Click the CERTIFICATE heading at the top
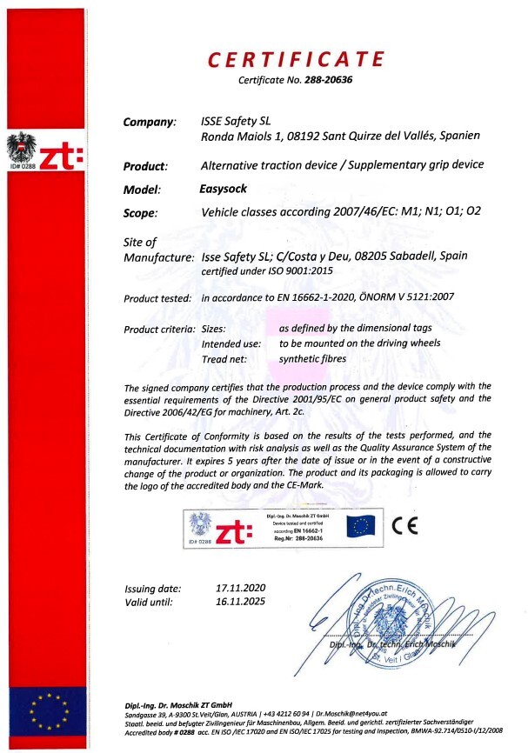pyautogui.click(x=296, y=59)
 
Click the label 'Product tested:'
pyautogui.click(x=157, y=298)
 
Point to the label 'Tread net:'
pyautogui.click(x=224, y=359)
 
